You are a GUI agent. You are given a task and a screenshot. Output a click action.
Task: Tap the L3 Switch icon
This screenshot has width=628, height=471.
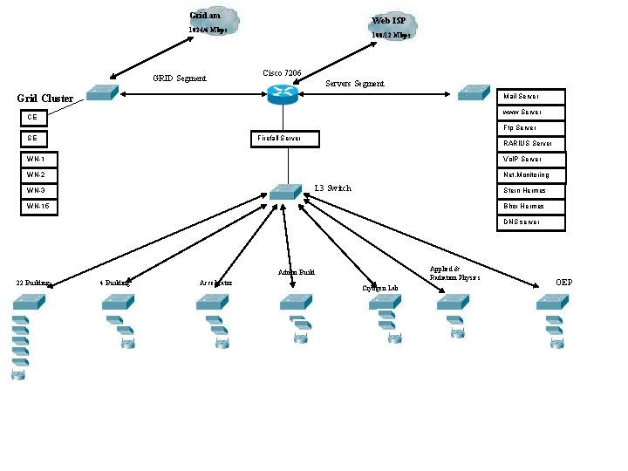(x=283, y=191)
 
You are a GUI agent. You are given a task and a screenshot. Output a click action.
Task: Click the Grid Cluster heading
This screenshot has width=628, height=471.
(x=45, y=99)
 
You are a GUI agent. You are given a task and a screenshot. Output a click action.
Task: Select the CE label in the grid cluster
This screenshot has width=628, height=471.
(x=33, y=117)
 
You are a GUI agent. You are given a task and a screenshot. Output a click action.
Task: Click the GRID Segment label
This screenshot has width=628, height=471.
(x=180, y=78)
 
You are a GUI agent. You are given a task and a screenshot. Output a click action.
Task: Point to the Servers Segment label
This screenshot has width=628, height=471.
(x=354, y=84)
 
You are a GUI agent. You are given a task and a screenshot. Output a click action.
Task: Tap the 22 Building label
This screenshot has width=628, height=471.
(x=33, y=283)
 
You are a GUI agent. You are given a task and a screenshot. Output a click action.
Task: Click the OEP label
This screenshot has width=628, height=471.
(x=564, y=283)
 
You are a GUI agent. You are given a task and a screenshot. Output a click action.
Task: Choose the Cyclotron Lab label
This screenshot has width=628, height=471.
(x=379, y=288)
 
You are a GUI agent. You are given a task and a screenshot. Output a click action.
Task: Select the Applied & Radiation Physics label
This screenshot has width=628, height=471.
(x=454, y=273)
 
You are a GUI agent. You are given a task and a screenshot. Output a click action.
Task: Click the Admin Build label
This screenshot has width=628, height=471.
(x=296, y=272)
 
